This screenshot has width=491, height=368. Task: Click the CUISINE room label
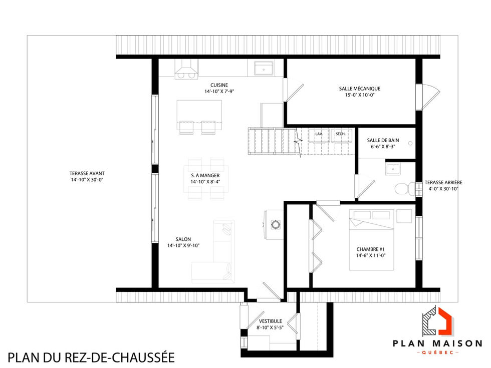pos(219,85)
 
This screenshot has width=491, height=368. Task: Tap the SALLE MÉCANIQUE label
pos(359,89)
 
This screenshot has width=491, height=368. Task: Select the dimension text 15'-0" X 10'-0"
pos(359,95)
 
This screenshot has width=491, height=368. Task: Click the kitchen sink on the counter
pos(263,68)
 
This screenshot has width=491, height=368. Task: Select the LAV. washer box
pos(319,136)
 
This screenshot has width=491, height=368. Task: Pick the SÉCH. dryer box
pos(340,136)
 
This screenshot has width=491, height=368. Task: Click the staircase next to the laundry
pos(274,142)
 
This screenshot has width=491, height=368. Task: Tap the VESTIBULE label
pos(271,321)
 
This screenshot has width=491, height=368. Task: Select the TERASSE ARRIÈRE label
pos(443,183)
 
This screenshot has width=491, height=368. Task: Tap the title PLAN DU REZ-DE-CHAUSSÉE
pos(91,357)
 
